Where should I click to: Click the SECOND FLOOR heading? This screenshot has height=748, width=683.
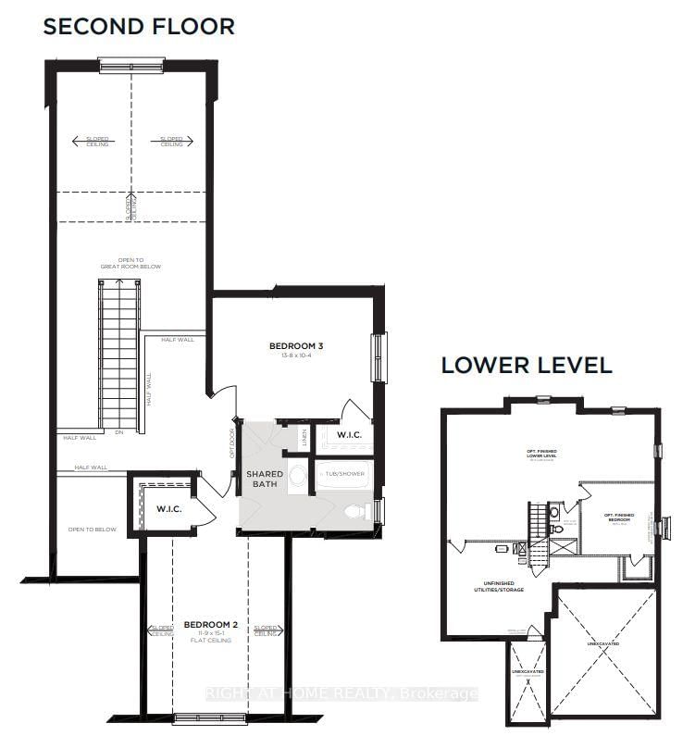(139, 26)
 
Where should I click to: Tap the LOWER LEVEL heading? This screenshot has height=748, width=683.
(526, 365)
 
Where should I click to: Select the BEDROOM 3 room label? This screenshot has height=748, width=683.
(296, 347)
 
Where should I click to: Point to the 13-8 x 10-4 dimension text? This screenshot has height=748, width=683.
(296, 357)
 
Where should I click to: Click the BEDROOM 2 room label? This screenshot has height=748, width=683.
(211, 625)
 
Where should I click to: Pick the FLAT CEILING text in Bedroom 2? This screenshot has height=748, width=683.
(211, 643)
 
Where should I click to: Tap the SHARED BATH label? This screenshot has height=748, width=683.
(264, 480)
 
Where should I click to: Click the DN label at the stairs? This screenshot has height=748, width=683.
(118, 432)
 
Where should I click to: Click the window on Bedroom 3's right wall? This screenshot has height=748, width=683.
(377, 356)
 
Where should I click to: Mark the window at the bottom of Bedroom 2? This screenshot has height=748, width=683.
(197, 716)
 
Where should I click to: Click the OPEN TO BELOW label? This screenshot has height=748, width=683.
(92, 530)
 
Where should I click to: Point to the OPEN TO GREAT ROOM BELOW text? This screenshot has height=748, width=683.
(130, 264)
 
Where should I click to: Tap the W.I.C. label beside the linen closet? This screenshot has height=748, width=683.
(349, 435)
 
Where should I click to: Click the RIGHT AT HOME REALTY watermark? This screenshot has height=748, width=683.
(341, 693)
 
